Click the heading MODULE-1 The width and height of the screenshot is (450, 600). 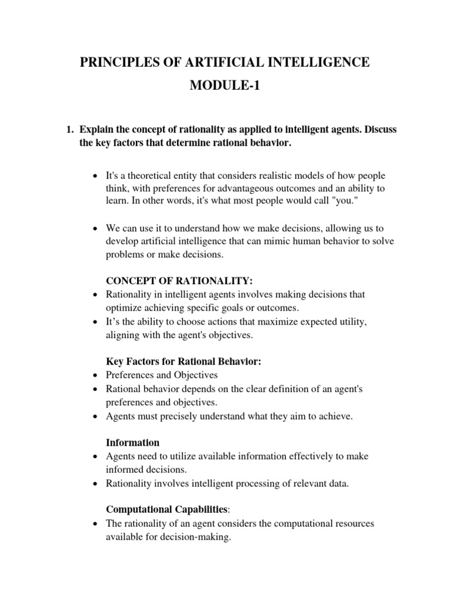[x=224, y=87]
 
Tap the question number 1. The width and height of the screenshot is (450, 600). [x=69, y=129]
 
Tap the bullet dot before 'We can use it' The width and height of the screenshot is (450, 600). [x=96, y=228]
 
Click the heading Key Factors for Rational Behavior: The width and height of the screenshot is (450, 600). [x=183, y=362]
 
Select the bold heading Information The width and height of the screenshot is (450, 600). [x=132, y=442]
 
